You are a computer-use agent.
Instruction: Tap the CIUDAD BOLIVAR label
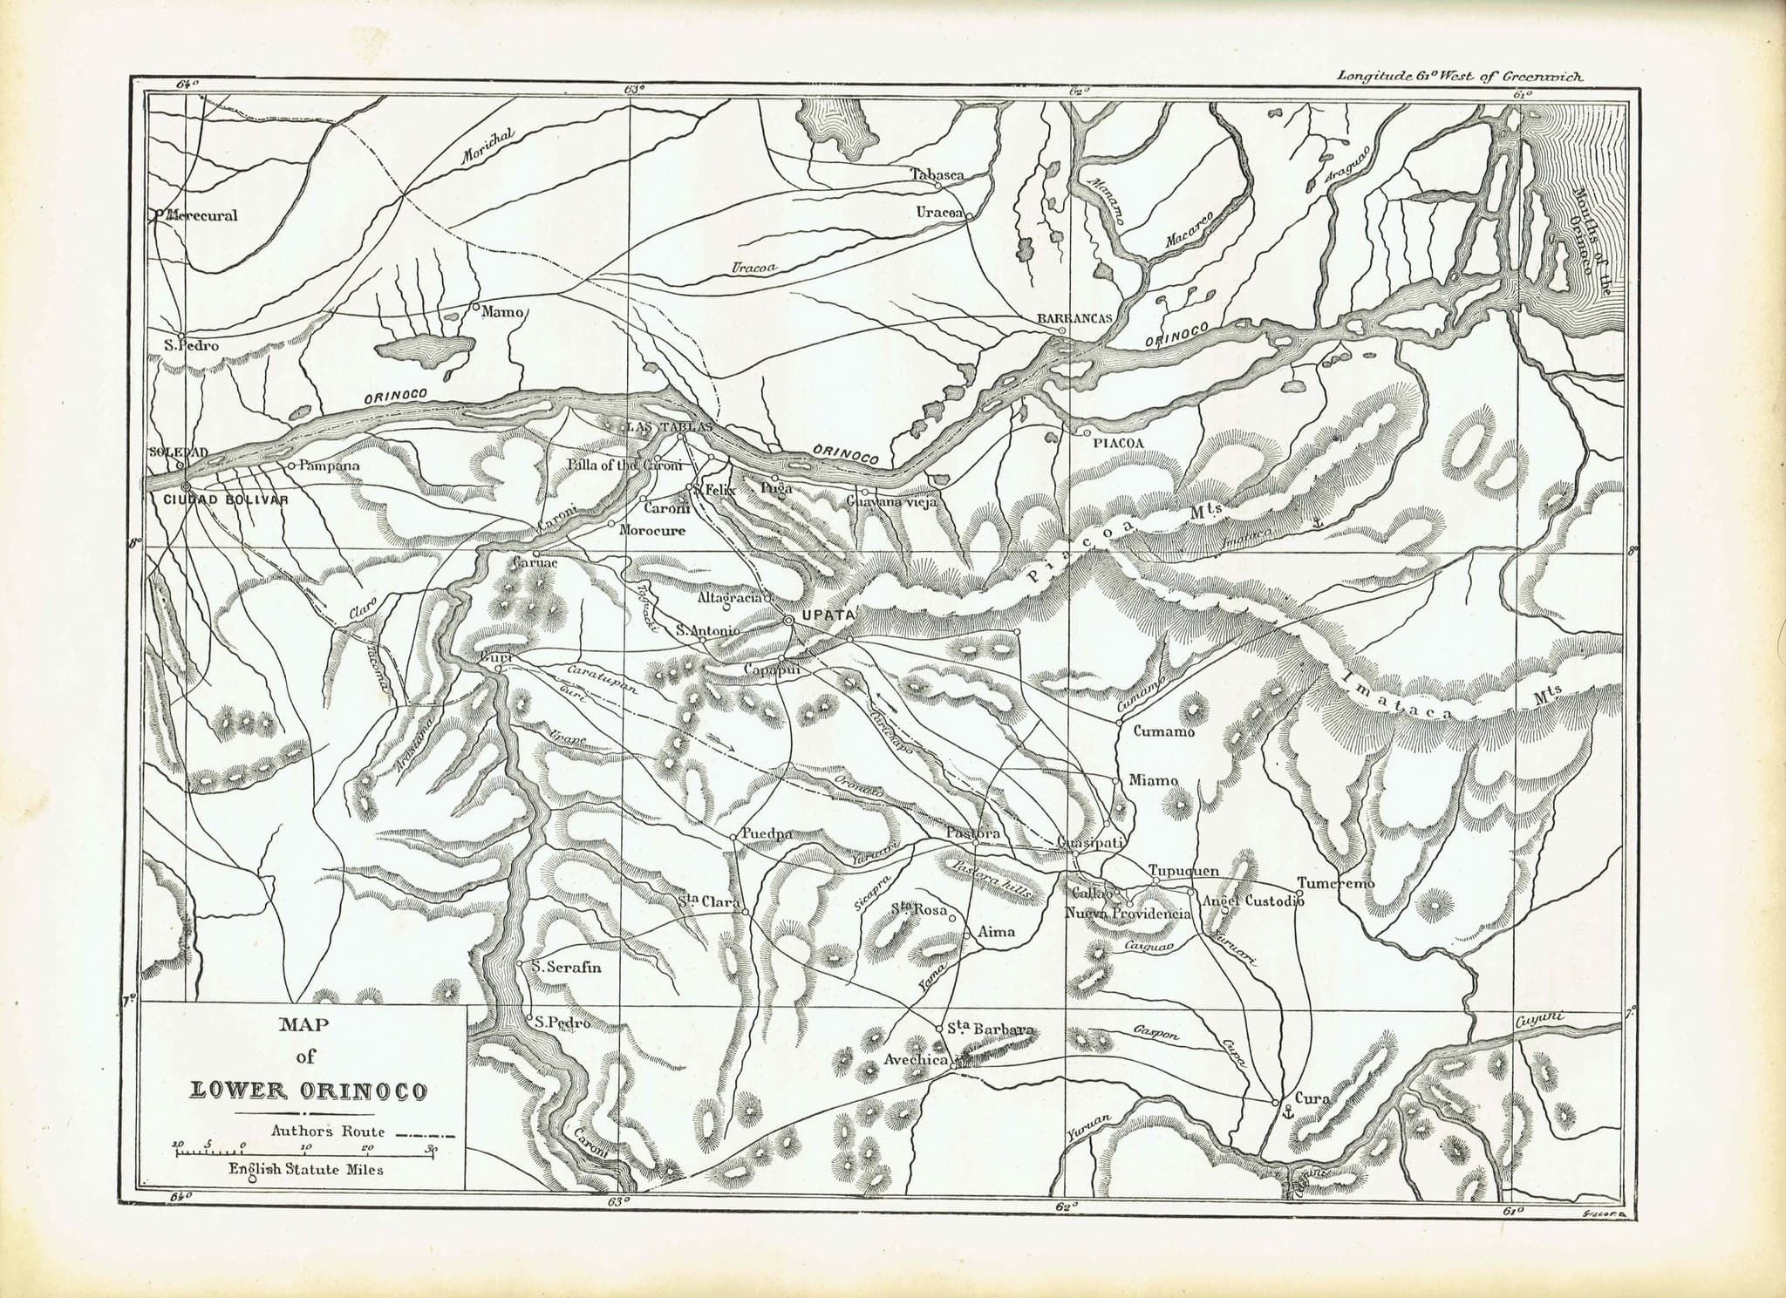point(225,499)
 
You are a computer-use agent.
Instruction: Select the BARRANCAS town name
point(1074,318)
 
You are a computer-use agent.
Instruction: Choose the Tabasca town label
point(937,173)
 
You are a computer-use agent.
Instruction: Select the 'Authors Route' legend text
point(327,1132)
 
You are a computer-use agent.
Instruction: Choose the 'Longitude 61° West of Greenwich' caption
point(1461,76)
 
